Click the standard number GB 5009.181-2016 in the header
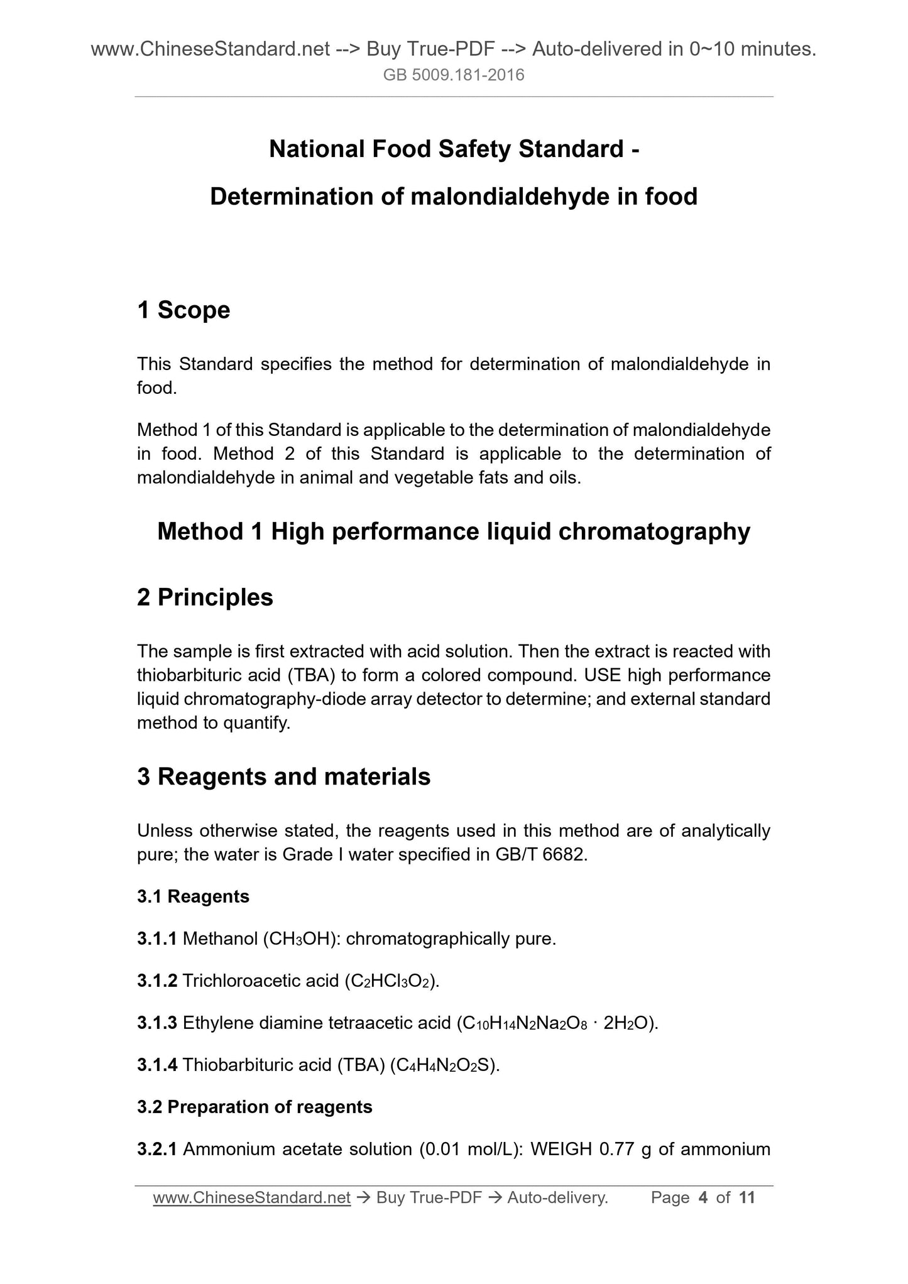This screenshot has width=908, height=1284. (x=454, y=76)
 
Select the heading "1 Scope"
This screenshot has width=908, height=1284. (x=183, y=310)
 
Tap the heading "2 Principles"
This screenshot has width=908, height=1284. (x=205, y=597)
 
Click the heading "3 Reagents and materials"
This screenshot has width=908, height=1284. (x=283, y=777)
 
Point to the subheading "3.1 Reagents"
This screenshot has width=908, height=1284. (x=193, y=896)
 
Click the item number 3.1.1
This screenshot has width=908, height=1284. (x=157, y=939)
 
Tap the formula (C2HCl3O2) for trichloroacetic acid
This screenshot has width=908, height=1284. (x=391, y=981)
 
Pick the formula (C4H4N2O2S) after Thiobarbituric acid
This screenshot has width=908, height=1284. (x=444, y=1065)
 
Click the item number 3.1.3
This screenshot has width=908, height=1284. (x=157, y=1023)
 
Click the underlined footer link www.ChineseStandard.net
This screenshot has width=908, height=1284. (x=251, y=1198)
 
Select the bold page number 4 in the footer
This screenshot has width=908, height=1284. (x=703, y=1198)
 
